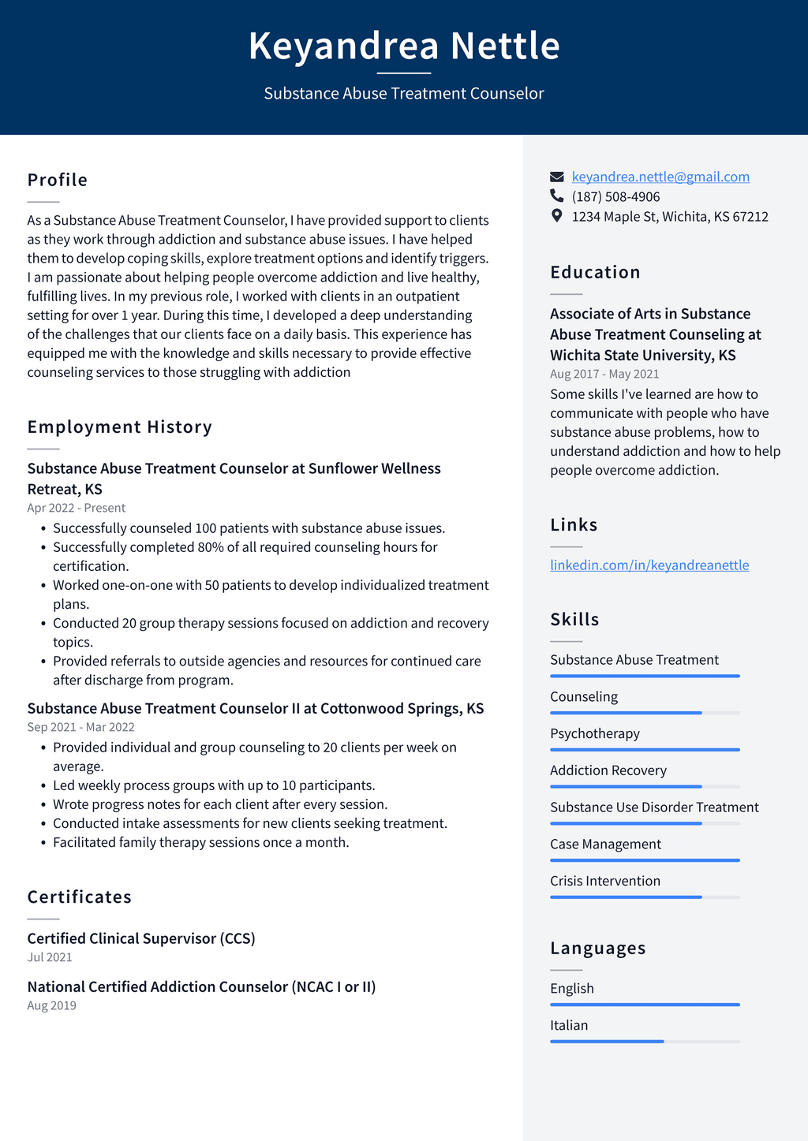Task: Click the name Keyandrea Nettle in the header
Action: [x=404, y=46]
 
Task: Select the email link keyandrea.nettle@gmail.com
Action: [x=660, y=177]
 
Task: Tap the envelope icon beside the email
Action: [x=557, y=177]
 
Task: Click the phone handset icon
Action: [x=557, y=196]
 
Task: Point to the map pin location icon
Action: [x=557, y=215]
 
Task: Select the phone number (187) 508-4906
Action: [x=615, y=196]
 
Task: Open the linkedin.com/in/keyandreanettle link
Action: [x=649, y=565]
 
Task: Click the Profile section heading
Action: [x=58, y=180]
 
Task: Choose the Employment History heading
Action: [x=120, y=427]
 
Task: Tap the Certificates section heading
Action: [x=80, y=897]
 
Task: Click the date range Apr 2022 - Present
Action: [x=77, y=508]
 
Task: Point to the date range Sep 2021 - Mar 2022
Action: [x=81, y=727]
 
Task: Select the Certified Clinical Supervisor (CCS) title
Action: [x=141, y=938]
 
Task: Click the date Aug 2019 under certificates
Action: [x=52, y=1005]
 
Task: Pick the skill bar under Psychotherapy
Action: [x=645, y=749]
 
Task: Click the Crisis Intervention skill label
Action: [x=605, y=881]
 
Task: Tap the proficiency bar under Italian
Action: [x=645, y=1042]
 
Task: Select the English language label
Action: [x=572, y=988]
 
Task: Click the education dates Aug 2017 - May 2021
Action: [x=604, y=374]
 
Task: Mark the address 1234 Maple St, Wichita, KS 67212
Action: [x=670, y=216]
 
